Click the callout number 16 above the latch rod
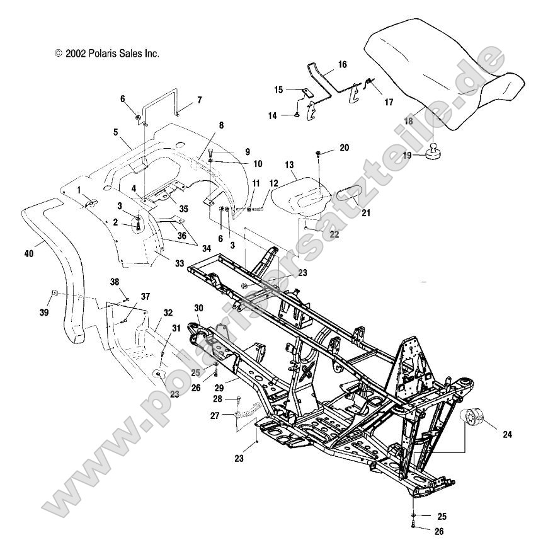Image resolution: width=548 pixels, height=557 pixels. (342, 64)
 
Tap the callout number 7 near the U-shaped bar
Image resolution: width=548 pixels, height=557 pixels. (199, 100)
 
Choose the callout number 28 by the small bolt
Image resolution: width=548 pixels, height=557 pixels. (217, 399)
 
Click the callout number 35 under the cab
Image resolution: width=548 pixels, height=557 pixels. (183, 209)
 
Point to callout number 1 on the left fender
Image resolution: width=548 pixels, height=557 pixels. (79, 189)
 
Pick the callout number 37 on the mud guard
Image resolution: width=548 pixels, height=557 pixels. (146, 296)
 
